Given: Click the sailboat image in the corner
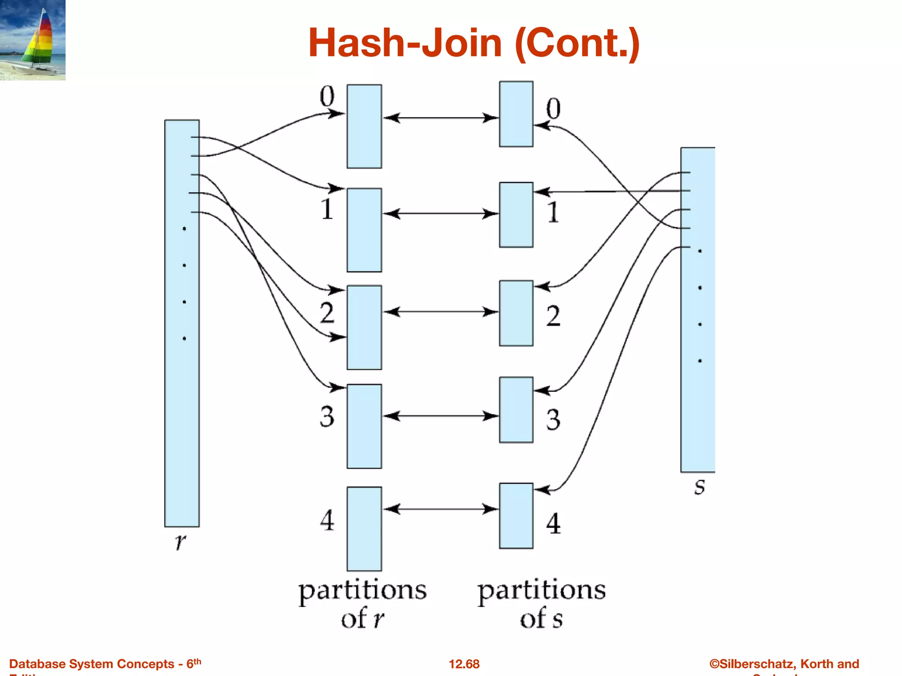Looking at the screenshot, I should click(x=33, y=40).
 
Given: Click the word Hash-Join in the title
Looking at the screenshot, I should click(x=404, y=43).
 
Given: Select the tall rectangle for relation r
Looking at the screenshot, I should click(x=181, y=323).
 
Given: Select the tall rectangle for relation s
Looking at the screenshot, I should click(x=698, y=310).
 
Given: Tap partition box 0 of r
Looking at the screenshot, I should click(x=364, y=126).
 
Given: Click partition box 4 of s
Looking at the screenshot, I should click(x=516, y=516).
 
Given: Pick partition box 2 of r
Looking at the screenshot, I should click(x=364, y=327).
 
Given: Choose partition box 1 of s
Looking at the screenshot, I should click(x=516, y=215).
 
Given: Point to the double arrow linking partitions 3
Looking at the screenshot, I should click(x=440, y=416).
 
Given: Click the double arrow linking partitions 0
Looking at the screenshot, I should click(x=440, y=118).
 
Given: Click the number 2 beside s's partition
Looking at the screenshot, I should click(x=553, y=316).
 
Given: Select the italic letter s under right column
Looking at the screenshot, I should click(x=699, y=487).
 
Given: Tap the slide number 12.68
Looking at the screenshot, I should click(x=464, y=664).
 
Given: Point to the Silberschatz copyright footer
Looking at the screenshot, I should click(x=784, y=664).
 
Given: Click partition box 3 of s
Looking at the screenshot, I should click(x=516, y=410).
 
